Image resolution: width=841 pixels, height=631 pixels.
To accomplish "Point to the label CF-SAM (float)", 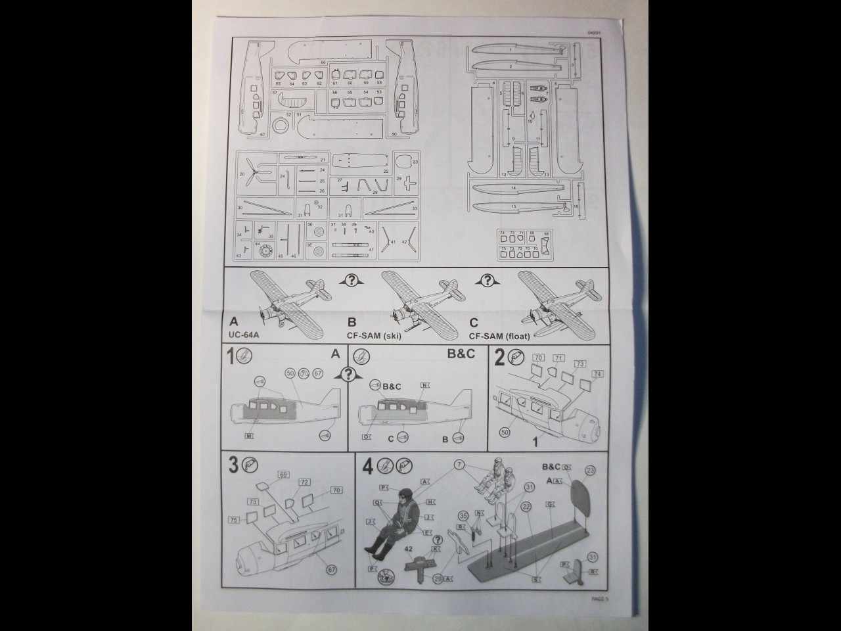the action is coord(500,337).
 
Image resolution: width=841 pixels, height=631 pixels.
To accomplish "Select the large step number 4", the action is coord(368,466).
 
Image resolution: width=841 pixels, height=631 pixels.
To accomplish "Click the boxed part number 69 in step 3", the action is coord(284,474).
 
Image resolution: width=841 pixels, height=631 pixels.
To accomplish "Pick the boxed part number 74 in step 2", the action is coord(597,374).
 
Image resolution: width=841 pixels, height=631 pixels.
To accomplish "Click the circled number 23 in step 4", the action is coord(590,470).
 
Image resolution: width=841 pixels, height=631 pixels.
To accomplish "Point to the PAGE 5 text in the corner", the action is coord(600,599).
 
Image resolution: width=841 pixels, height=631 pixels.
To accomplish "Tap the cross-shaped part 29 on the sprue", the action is coord(411,183).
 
